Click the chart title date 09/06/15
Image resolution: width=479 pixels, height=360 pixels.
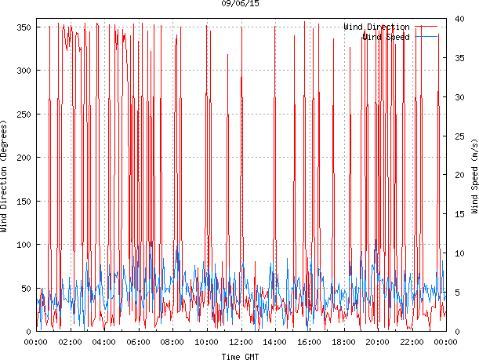(241, 4)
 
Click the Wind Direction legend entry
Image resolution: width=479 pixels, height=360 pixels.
(376, 27)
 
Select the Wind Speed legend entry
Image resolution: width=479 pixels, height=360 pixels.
(385, 37)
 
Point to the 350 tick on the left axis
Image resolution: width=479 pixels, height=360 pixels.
(24, 27)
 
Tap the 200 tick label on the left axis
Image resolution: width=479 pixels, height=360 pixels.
(24, 158)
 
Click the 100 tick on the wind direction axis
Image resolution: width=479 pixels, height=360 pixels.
(24, 245)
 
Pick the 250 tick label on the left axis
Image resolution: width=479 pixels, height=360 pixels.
(24, 115)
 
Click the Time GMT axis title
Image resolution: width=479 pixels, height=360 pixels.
(241, 356)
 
